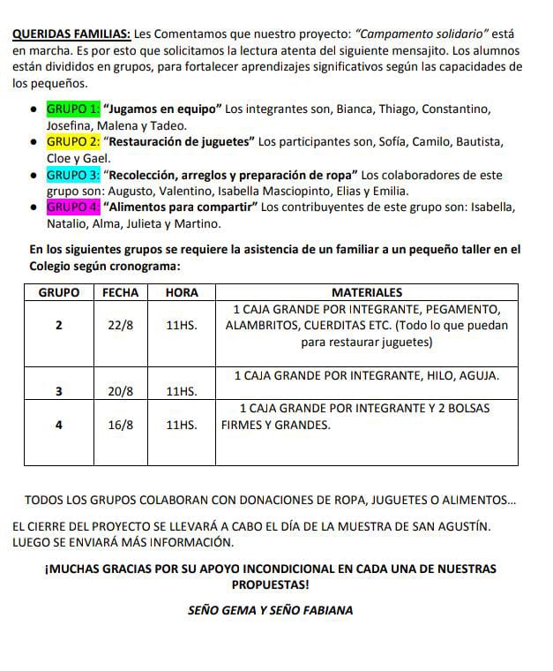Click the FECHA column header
click(x=120, y=292)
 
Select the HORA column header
click(x=182, y=292)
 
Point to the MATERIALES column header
click(x=366, y=292)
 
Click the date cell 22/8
click(x=120, y=325)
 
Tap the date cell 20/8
click(x=120, y=391)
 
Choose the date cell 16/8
click(x=120, y=425)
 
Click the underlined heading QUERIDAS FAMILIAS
click(x=71, y=34)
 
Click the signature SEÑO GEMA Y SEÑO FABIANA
click(x=271, y=610)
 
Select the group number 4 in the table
click(x=58, y=425)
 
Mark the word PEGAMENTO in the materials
click(x=462, y=309)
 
